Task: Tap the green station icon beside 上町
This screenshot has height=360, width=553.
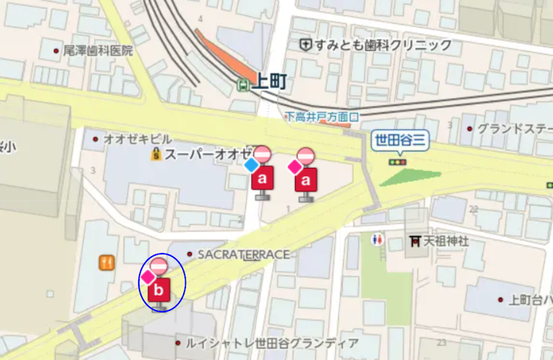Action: [x=243, y=84]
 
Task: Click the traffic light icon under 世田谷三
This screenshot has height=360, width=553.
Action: [x=397, y=162]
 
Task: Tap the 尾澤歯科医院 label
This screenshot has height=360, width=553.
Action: [x=97, y=50]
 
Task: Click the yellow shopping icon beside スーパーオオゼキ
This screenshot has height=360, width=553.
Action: [x=156, y=154]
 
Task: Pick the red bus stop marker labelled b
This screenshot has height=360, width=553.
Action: [x=158, y=290]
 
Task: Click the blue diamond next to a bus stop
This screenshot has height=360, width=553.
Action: [x=251, y=166]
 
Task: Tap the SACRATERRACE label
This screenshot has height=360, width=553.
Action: [x=243, y=254]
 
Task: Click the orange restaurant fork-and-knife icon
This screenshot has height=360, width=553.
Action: [x=106, y=263]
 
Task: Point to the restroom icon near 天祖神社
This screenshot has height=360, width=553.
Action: [x=377, y=240]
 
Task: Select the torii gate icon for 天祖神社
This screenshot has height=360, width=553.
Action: [x=415, y=241]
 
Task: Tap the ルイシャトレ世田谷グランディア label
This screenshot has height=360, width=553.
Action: [x=271, y=343]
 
